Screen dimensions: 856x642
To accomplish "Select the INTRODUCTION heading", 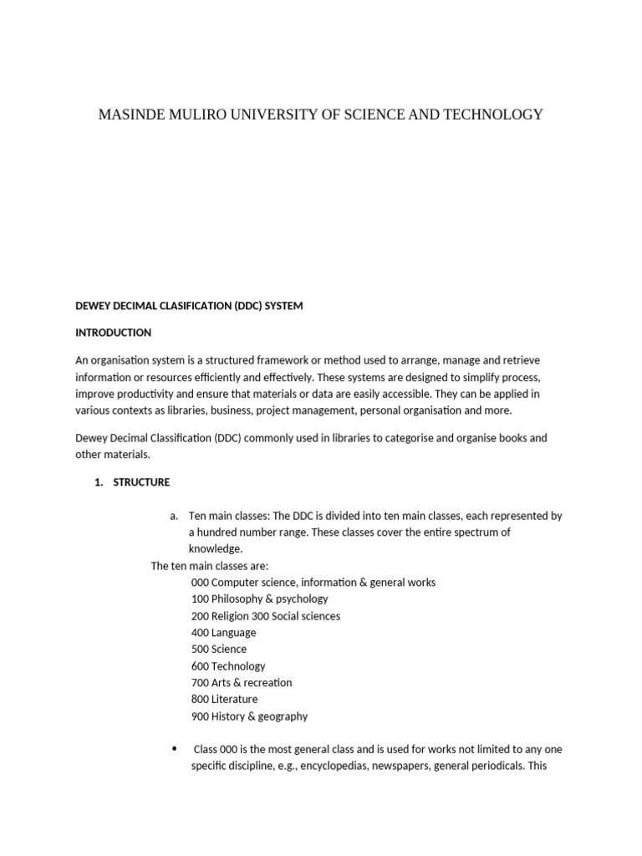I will pos(113,333).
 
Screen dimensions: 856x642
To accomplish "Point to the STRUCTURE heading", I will pos(141,482).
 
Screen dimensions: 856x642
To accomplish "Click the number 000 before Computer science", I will pos(200,583).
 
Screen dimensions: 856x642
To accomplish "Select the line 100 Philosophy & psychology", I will pos(259,599).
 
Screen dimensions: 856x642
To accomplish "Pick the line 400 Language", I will pos(223,633).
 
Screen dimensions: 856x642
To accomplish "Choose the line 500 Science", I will pos(218,650).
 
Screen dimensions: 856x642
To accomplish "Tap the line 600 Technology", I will pos(227,666).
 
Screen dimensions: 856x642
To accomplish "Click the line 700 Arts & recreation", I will pos(241,683).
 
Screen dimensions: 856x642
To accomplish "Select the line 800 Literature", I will pos(224,700).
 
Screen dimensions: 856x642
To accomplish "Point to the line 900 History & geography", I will pos(249,716).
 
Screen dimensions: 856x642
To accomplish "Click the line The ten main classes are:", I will pos(209,566).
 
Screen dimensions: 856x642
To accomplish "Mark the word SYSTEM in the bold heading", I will pos(283,306).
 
